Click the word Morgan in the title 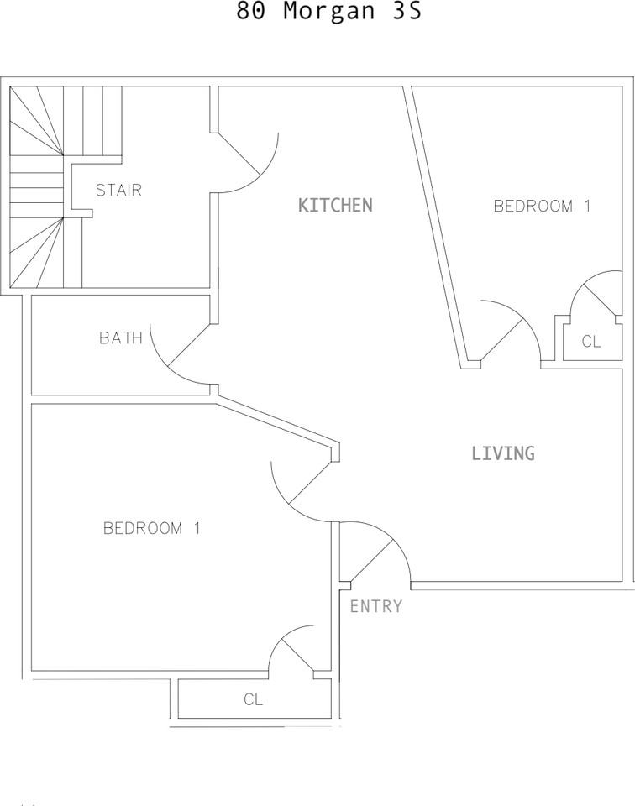pyautogui.click(x=329, y=11)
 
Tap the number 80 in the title pyautogui.click(x=250, y=10)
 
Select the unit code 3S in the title pyautogui.click(x=407, y=10)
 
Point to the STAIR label pyautogui.click(x=118, y=191)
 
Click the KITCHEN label pyautogui.click(x=335, y=205)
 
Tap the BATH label pyautogui.click(x=121, y=338)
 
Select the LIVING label pyautogui.click(x=503, y=453)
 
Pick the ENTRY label pyautogui.click(x=375, y=606)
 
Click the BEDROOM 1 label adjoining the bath pyautogui.click(x=152, y=528)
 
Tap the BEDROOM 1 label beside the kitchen pyautogui.click(x=542, y=207)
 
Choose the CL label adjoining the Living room pyautogui.click(x=591, y=342)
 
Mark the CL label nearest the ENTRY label pyautogui.click(x=253, y=699)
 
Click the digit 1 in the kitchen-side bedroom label pyautogui.click(x=587, y=207)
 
